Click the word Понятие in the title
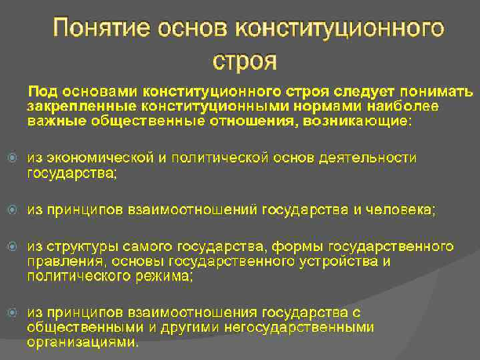tap(102, 27)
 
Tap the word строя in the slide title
tap(245, 60)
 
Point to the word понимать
tap(436, 92)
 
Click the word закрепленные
tap(82, 107)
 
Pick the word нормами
tap(328, 107)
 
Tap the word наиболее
tap(402, 106)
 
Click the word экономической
tap(100, 158)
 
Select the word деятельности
tap(368, 158)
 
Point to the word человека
tap(401, 210)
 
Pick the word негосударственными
tap(299, 328)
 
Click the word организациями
tap(82, 342)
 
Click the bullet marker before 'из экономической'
tap(13, 158)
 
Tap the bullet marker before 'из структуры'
tap(13, 246)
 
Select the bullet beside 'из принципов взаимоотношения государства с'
tap(13, 313)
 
